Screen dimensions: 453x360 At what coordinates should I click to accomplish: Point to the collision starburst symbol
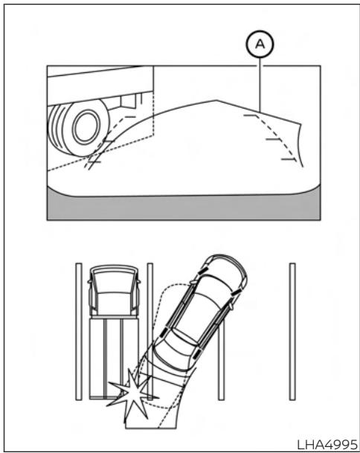pos(129,392)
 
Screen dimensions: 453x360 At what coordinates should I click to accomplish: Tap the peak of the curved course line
pos(216,100)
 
